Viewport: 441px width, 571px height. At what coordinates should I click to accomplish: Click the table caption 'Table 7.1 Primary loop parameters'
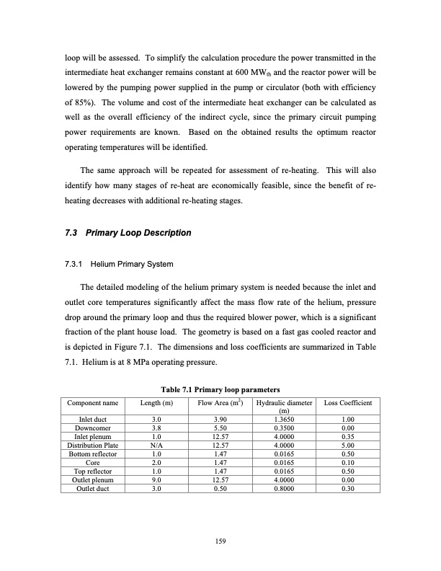click(x=220, y=390)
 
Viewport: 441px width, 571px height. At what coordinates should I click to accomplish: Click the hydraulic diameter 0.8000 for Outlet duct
click(x=284, y=487)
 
